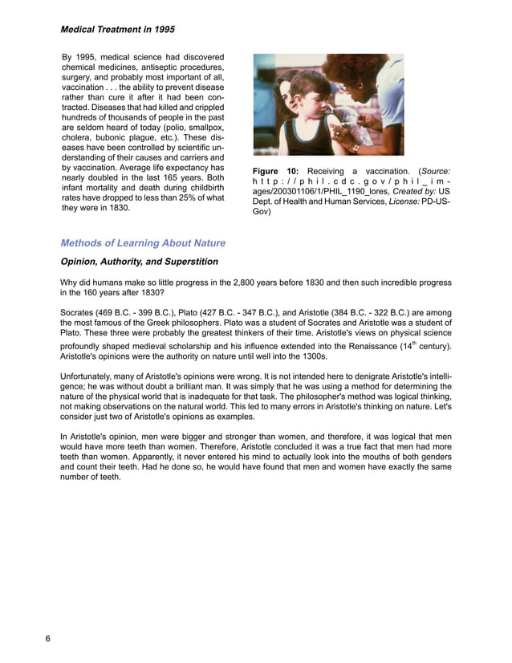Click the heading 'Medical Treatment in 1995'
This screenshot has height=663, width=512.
pos(118,30)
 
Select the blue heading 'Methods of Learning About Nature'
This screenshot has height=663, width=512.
pos(143,243)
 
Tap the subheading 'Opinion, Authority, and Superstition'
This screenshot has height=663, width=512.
pos(139,262)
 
